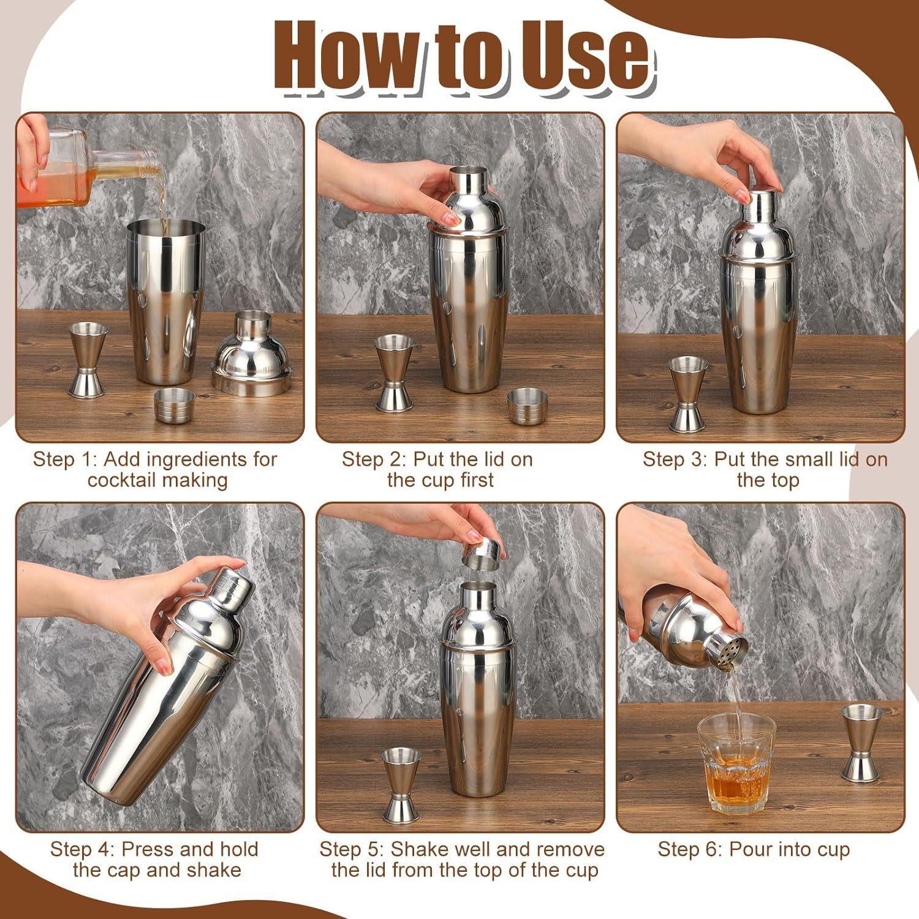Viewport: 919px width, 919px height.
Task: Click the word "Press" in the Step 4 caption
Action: pos(149,850)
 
